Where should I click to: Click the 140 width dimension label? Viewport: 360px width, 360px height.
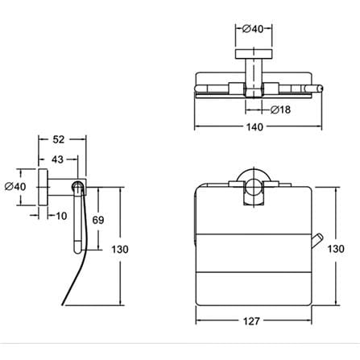point(254,126)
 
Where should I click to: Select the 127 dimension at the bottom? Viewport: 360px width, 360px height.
point(251,321)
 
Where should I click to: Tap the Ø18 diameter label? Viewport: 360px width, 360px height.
point(280,110)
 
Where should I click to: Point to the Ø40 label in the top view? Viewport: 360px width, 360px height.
point(253,29)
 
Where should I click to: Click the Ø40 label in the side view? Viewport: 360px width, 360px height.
point(15,186)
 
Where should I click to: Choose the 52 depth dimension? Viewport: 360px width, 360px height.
point(59,139)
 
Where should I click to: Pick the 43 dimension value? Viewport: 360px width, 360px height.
point(57,159)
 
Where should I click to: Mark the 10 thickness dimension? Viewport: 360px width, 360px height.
point(61,216)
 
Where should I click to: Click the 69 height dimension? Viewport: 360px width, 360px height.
point(98,220)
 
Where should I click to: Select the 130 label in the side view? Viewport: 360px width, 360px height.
point(120,250)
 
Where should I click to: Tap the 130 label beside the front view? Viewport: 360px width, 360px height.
point(336,249)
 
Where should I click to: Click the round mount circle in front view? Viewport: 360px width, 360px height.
point(253,187)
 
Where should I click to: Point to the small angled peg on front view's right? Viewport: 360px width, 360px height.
point(317,241)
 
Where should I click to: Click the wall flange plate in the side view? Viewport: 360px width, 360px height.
point(43,187)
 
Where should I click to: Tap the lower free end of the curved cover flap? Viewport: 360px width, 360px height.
point(63,304)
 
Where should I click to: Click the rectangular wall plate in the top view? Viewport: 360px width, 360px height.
point(254,54)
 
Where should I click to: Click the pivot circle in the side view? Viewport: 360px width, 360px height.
point(77,186)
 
